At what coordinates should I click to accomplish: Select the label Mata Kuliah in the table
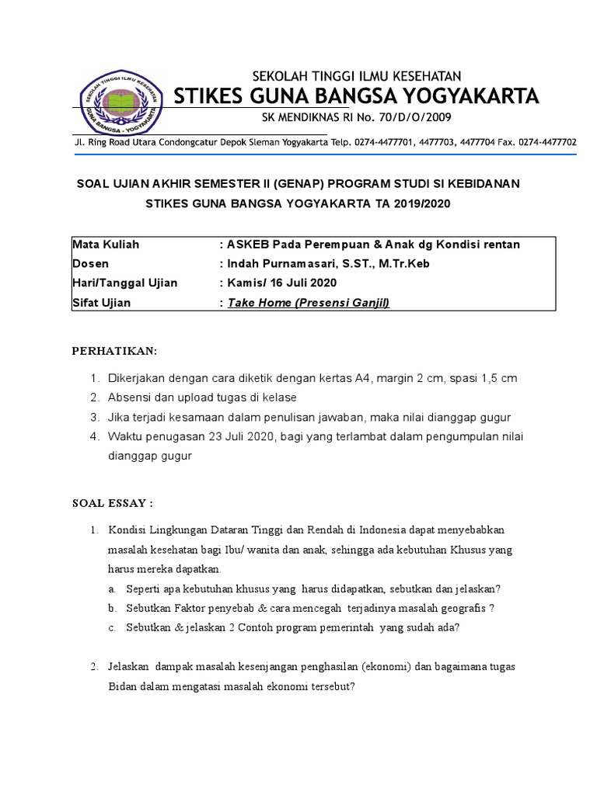click(106, 245)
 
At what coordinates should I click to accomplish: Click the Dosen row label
click(91, 264)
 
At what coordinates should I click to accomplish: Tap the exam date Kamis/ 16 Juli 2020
click(277, 283)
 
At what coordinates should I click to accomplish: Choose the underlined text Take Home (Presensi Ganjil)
click(308, 303)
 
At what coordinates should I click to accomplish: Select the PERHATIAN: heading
click(114, 352)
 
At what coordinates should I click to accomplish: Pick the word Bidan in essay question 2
click(123, 686)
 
